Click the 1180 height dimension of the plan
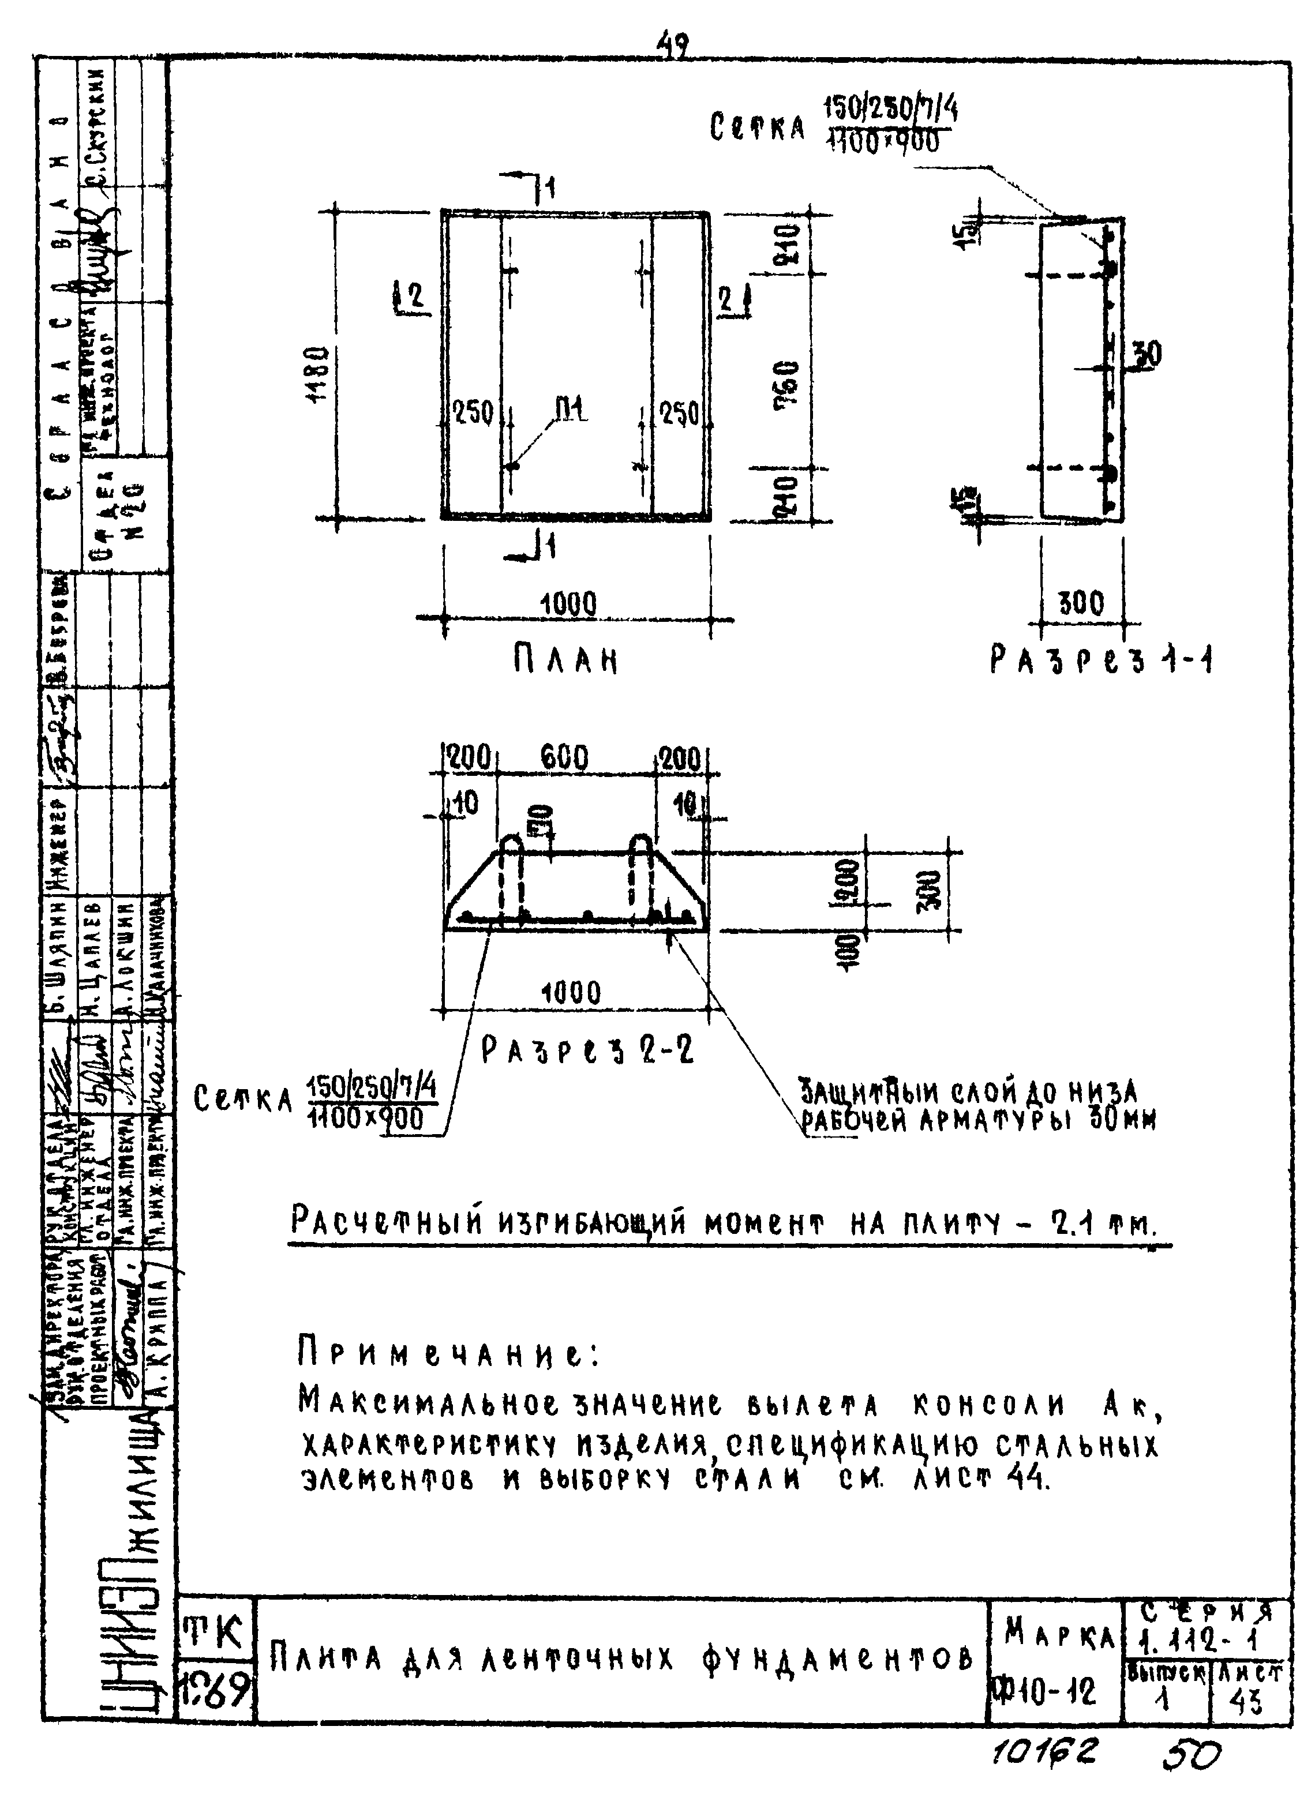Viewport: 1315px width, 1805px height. click(319, 375)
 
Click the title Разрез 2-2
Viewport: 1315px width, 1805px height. click(588, 1050)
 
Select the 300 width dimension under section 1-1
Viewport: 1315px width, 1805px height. click(1081, 603)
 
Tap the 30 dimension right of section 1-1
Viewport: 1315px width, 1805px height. click(1147, 354)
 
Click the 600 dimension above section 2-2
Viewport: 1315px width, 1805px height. click(564, 757)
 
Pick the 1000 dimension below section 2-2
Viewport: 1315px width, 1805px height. click(570, 992)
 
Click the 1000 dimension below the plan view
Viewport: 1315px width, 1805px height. click(568, 604)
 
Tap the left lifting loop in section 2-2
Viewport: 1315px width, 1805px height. click(512, 876)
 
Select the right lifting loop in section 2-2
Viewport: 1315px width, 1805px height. click(641, 876)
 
